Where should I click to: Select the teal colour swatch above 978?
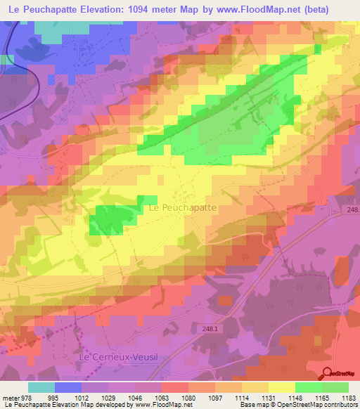41,387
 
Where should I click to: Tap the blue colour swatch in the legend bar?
68,387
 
